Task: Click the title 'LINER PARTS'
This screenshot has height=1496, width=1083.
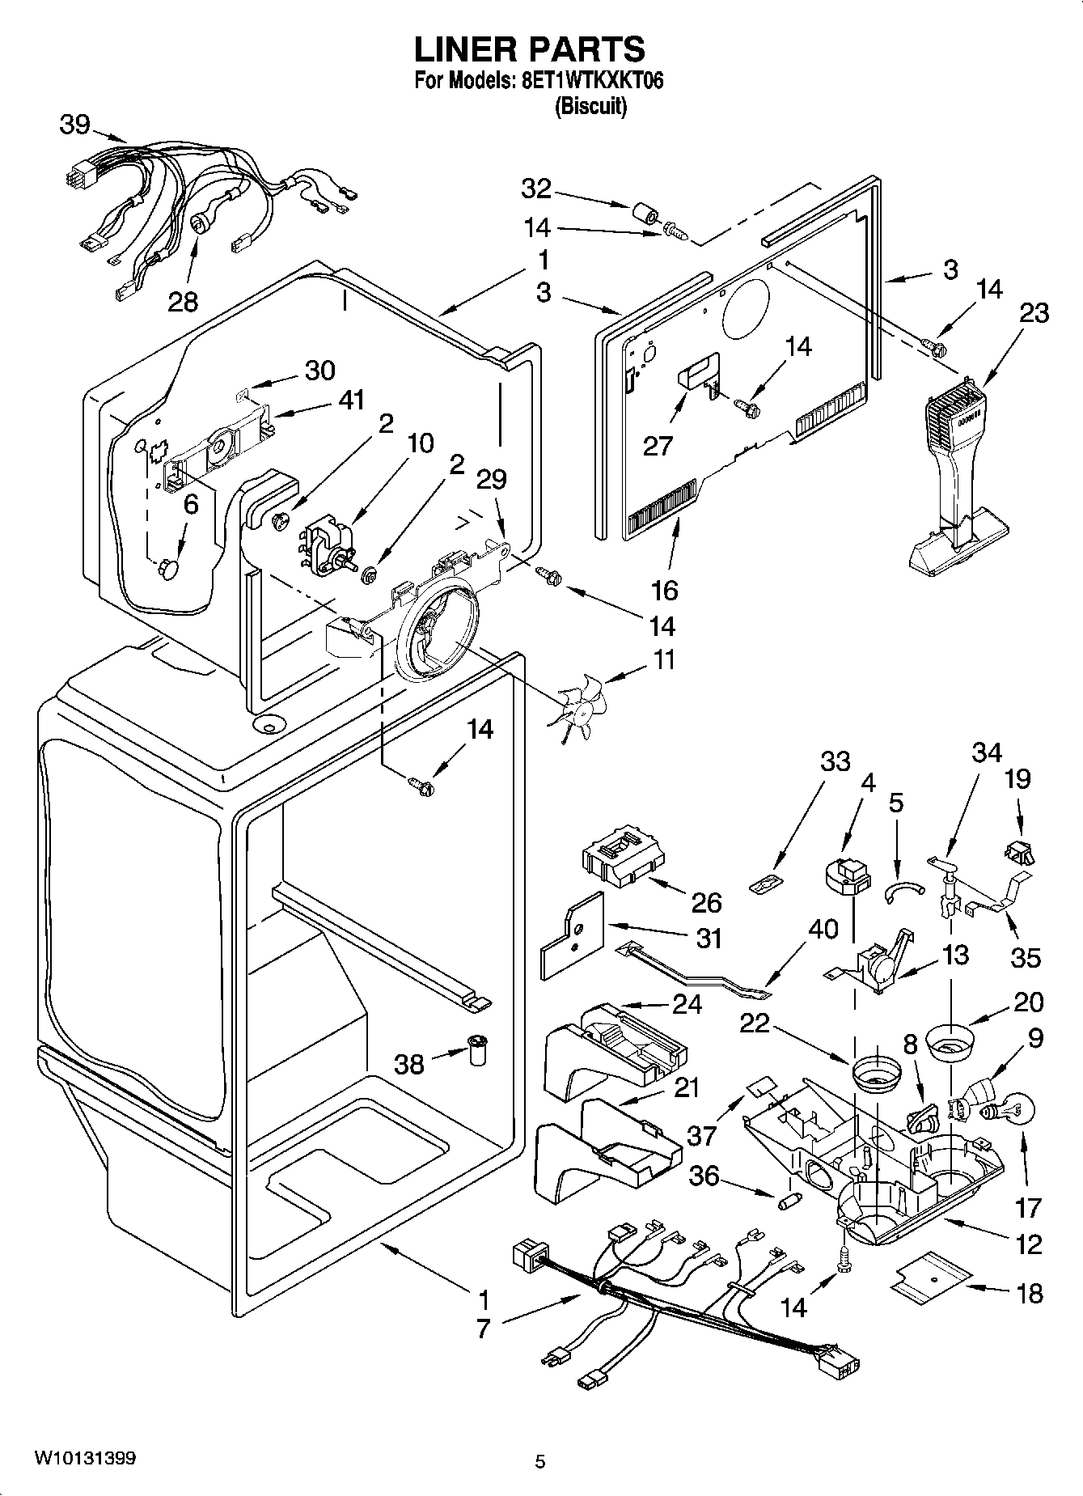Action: [x=530, y=49]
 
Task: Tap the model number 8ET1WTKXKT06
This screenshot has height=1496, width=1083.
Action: [x=589, y=81]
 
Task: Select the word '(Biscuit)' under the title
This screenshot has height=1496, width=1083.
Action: [x=590, y=106]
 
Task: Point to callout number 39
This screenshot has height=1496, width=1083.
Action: [x=74, y=125]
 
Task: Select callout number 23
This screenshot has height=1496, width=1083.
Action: [x=1034, y=312]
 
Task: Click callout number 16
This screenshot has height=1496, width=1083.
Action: [x=664, y=590]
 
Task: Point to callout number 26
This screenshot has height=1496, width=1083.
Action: [x=707, y=902]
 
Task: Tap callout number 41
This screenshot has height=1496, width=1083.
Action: [x=351, y=400]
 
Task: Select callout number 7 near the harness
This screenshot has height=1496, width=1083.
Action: [x=483, y=1329]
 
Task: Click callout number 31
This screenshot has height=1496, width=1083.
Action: [x=709, y=939]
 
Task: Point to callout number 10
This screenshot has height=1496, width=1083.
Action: [x=421, y=443]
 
